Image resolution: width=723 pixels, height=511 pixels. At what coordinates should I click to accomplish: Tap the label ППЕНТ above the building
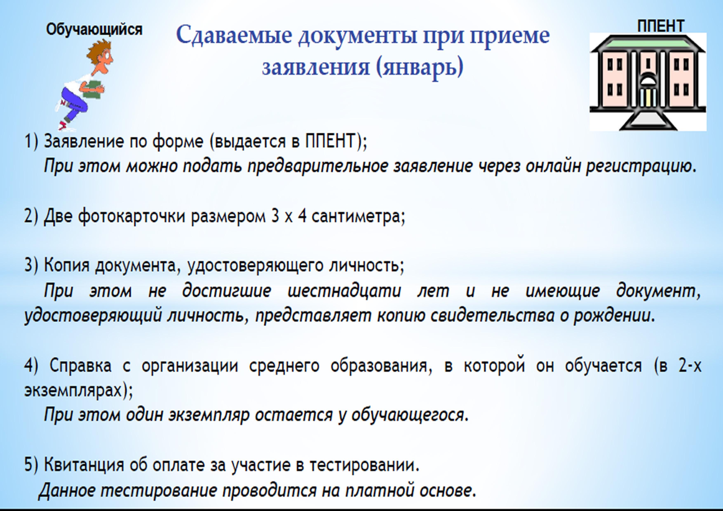(661, 26)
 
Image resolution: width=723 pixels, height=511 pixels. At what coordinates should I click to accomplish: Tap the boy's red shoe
(63, 126)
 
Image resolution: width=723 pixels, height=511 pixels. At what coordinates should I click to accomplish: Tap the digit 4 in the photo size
(302, 217)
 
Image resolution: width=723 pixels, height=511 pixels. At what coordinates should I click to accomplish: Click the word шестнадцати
(344, 291)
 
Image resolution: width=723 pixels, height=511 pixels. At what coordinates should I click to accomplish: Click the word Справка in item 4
(81, 366)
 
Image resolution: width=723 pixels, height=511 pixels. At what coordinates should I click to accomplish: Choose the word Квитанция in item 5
(84, 465)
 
